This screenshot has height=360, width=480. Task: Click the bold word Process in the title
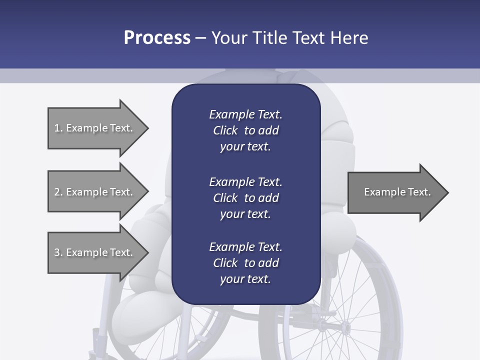pos(157,38)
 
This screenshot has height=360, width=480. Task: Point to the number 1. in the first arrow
pos(58,128)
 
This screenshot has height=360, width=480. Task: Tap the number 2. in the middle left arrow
pos(58,192)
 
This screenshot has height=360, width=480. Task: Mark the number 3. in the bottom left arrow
pos(58,252)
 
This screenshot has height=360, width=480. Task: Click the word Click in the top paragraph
pos(225,130)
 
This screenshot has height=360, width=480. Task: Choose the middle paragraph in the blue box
pos(245,198)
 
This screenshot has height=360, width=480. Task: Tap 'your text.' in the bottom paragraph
pos(245,279)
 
